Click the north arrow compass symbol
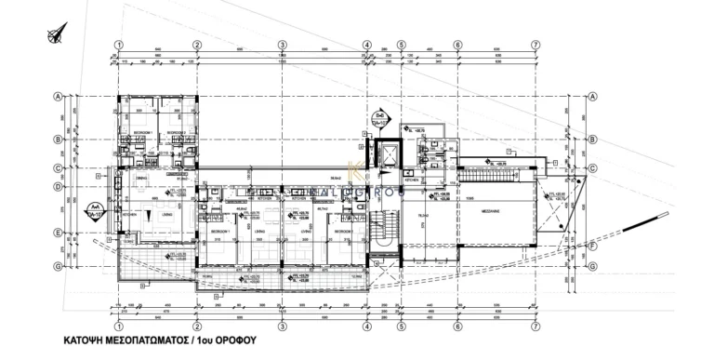[x=49, y=38]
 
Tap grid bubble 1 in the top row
[x=118, y=45]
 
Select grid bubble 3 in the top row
[x=281, y=45]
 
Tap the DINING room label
[x=140, y=178]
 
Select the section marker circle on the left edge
[x=94, y=209]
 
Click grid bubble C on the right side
[x=591, y=168]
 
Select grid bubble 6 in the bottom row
[x=457, y=327]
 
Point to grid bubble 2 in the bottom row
[x=197, y=327]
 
